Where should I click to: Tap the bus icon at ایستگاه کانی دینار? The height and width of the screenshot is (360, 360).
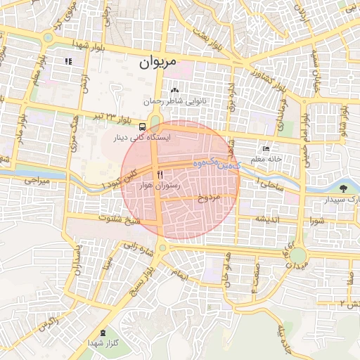143,127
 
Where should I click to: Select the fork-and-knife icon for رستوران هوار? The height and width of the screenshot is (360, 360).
160,174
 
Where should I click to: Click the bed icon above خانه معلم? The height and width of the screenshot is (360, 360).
266,149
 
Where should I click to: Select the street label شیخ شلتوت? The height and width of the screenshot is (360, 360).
122,221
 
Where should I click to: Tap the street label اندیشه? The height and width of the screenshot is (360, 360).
269,219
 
